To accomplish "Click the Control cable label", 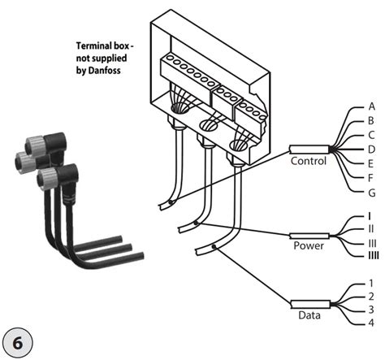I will (x=309, y=161).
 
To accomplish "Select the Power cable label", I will (x=308, y=245).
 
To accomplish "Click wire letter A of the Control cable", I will (x=371, y=106).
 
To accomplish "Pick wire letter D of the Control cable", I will (x=371, y=150).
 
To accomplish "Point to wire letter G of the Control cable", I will (x=371, y=192).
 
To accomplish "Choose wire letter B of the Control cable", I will (x=371, y=121).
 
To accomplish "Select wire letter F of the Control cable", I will (x=371, y=177).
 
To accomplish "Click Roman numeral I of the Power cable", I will (x=370, y=216).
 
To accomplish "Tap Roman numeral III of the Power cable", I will (x=371, y=243).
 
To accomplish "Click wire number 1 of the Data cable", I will (x=370, y=284).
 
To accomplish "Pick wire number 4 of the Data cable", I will (x=370, y=324).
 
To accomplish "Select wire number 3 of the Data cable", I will (x=370, y=310).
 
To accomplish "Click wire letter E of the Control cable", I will (x=371, y=163).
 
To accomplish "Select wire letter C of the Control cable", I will (x=371, y=135).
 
